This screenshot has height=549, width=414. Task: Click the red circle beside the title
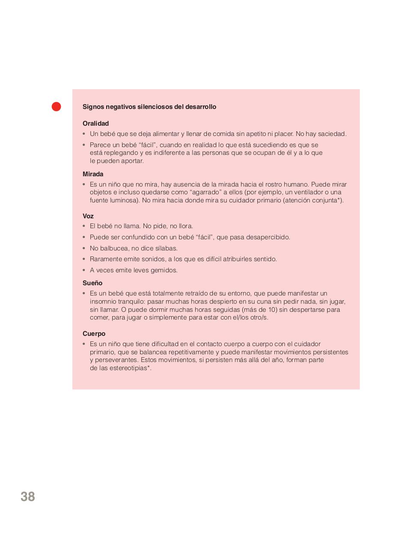coord(56,106)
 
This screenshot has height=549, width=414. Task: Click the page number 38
coord(28,497)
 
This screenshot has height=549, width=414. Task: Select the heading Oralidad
coord(95,124)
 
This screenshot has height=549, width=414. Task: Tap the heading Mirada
coord(93,174)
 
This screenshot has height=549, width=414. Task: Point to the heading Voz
coord(88,216)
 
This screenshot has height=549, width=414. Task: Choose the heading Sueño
coord(92,283)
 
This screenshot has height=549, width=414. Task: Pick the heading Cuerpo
coord(94,334)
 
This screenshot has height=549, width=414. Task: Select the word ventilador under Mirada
coord(311,192)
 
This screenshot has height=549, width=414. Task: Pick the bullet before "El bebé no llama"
coord(84,226)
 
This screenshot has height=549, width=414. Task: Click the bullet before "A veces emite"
coord(84,270)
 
